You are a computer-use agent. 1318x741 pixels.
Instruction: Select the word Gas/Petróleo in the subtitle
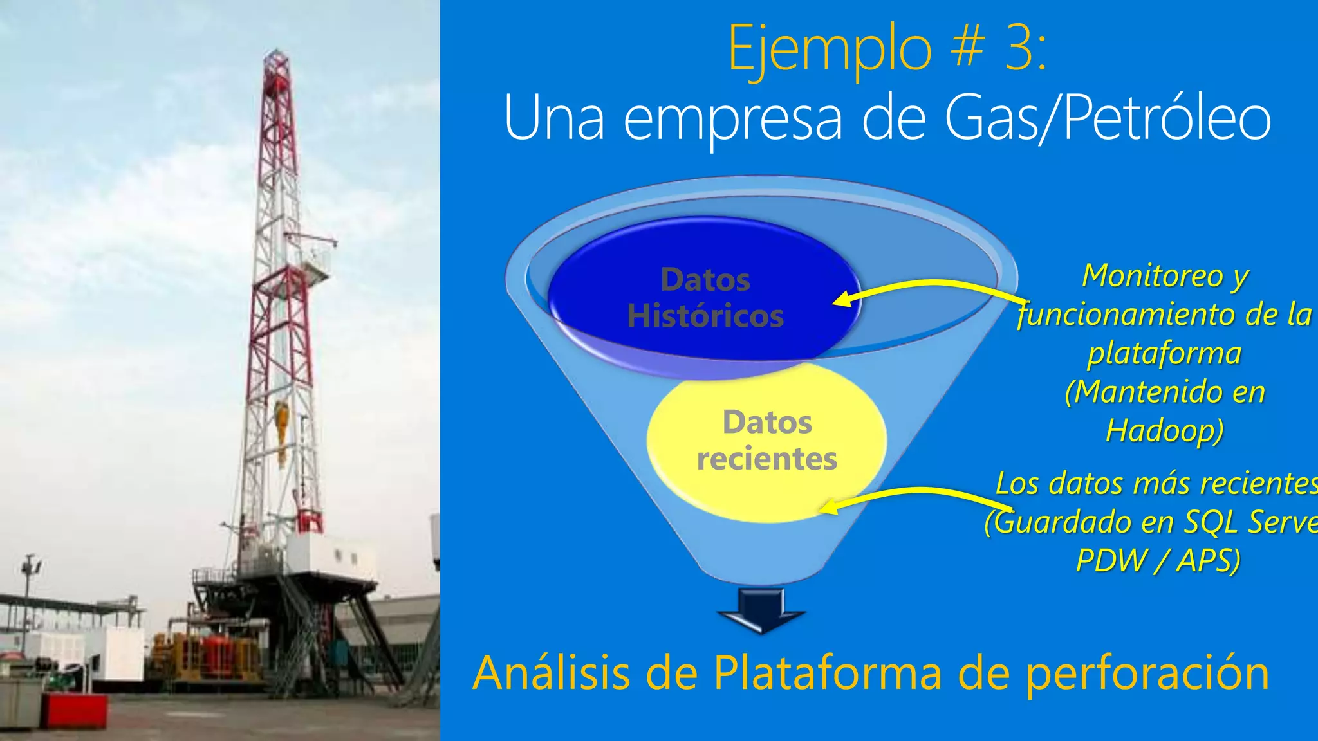pyautogui.click(x=1108, y=118)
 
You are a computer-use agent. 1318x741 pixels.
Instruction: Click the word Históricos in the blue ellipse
pyautogui.click(x=705, y=316)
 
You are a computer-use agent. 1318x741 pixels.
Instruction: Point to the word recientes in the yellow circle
pyautogui.click(x=766, y=459)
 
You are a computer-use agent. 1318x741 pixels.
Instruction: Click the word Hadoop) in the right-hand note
pyautogui.click(x=1164, y=430)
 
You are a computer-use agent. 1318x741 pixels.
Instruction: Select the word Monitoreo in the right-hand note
pyautogui.click(x=1153, y=275)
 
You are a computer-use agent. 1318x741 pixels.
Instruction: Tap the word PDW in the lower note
pyautogui.click(x=1112, y=560)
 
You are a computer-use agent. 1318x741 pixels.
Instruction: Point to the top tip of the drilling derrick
pyautogui.click(x=275, y=51)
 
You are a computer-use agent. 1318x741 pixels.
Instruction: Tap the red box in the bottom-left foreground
pyautogui.click(x=75, y=711)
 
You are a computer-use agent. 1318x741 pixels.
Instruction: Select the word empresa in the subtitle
pyautogui.click(x=732, y=118)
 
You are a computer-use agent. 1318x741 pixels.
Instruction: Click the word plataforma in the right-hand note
pyautogui.click(x=1164, y=353)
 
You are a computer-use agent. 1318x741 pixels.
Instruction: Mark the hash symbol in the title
pyautogui.click(x=968, y=48)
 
